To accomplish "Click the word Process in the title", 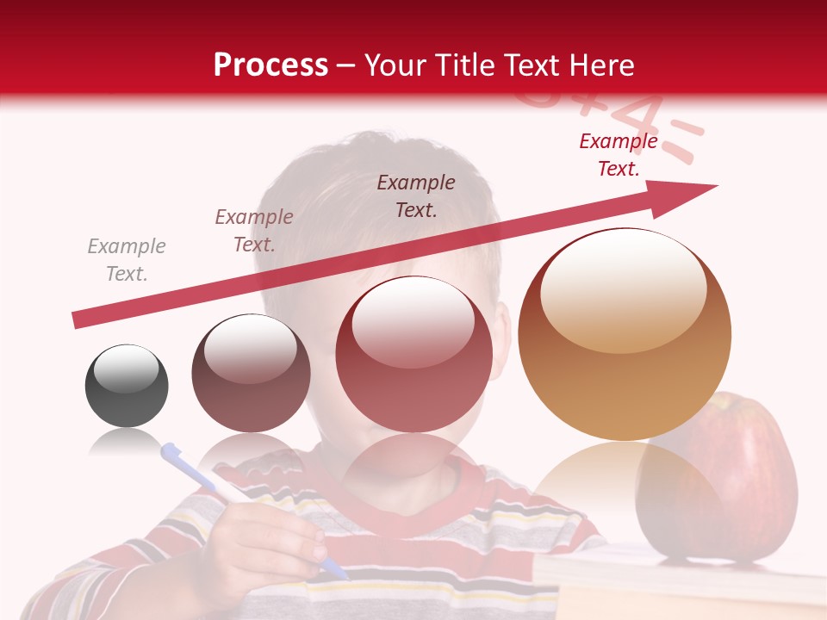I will pos(270,65).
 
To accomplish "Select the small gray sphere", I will pos(127,386).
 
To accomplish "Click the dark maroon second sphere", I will pos(251,373).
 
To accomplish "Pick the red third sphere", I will pos(413,354).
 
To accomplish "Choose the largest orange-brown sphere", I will pos(625,334).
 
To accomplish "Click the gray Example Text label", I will pos(127,260).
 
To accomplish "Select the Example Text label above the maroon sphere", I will pos(254,231).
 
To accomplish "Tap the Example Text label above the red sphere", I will pos(416,195).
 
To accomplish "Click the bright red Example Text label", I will pos(618,155).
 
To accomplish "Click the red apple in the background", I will pos(732,482).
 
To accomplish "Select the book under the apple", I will pos(672,586).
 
